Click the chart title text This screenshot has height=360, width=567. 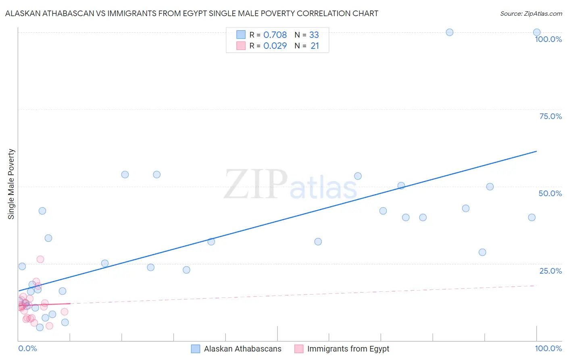tap(192, 13)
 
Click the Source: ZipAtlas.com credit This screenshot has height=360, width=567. tap(531, 13)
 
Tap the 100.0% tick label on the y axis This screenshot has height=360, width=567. tap(548, 39)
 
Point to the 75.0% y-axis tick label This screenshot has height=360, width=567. tap(550, 116)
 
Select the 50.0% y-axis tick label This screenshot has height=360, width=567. tap(550, 193)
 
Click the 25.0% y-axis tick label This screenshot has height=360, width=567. tap(550, 271)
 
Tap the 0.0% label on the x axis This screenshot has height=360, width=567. tap(28, 348)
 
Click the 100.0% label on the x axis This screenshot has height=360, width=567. tap(548, 348)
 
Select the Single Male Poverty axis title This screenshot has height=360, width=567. tap(11, 184)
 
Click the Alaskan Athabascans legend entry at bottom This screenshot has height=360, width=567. tap(242, 349)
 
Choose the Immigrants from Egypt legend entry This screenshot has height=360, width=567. tap(348, 349)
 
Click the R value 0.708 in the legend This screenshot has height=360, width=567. tap(275, 35)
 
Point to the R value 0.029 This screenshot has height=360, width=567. tap(275, 46)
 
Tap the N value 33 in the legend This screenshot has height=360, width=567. tap(314, 35)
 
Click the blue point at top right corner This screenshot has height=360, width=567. tap(537, 32)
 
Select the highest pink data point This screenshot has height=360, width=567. tap(40, 259)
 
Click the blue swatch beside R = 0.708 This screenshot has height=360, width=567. tap(241, 35)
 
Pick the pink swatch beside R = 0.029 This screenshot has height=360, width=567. tap(241, 46)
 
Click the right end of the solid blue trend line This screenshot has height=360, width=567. tap(537, 151)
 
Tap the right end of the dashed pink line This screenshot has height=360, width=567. tap(537, 285)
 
